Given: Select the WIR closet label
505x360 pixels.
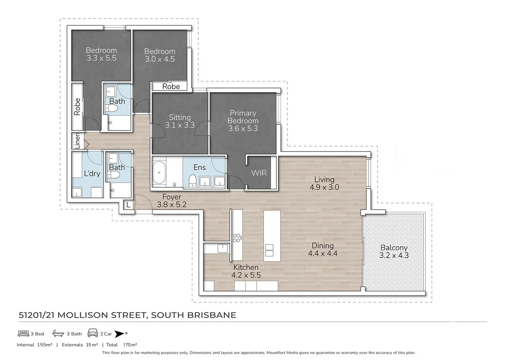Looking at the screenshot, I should click(259, 173).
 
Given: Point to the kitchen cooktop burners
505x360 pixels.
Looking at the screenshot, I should click(236, 238).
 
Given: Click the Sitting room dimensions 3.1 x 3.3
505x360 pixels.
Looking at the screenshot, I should click(180, 125).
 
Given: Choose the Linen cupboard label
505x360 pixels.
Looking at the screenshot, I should click(77, 141).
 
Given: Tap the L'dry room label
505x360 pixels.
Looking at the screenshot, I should click(92, 173).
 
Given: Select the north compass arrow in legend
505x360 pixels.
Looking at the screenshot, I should click(120, 333).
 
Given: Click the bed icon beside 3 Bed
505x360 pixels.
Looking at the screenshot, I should click(24, 333).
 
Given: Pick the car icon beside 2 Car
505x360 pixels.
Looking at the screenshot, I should click(93, 333).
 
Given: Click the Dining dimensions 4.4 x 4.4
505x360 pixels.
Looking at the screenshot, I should click(323, 253).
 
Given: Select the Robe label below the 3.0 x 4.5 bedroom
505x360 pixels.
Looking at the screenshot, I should click(171, 87).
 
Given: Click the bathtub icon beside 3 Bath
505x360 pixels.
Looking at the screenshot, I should click(58, 333).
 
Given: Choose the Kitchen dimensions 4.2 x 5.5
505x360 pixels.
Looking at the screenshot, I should click(246, 275).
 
